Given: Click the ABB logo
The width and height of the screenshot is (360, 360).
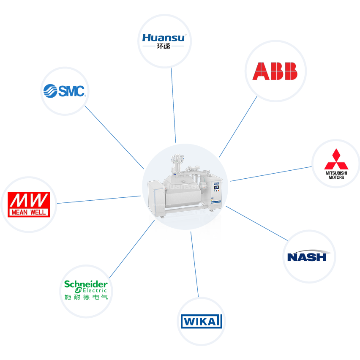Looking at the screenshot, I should tap(275, 71).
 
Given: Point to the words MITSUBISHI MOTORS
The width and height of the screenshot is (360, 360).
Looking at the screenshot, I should tap(336, 175).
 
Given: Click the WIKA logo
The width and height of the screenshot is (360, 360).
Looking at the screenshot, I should tap(201, 321).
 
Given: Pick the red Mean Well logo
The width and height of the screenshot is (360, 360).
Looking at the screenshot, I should tap(29, 205).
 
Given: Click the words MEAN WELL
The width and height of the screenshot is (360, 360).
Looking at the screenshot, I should tap(29, 212).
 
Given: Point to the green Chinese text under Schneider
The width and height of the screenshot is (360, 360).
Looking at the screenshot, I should tap(86, 297).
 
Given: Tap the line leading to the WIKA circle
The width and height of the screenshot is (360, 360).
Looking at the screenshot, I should tap(195, 266).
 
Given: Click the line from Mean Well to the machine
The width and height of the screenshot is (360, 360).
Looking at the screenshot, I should tap(99, 199).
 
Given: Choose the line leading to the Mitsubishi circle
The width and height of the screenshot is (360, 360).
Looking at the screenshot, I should tap(270, 174).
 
